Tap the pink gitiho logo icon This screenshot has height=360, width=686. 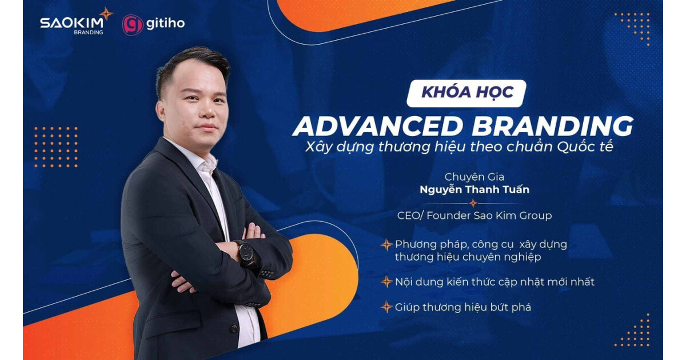[x=133, y=25]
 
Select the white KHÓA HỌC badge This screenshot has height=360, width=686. [x=466, y=93]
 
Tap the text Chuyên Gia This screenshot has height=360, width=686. [x=474, y=177]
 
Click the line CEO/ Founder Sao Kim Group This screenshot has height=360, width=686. [x=474, y=215]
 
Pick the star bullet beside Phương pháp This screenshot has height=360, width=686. [x=386, y=245]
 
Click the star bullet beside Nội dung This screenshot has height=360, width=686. [x=386, y=282]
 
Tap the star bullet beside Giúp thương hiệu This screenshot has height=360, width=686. [x=386, y=307]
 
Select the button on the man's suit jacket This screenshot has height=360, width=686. [x=233, y=328]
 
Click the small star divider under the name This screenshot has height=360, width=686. [x=473, y=203]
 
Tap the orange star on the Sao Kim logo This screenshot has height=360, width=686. [x=106, y=13]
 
